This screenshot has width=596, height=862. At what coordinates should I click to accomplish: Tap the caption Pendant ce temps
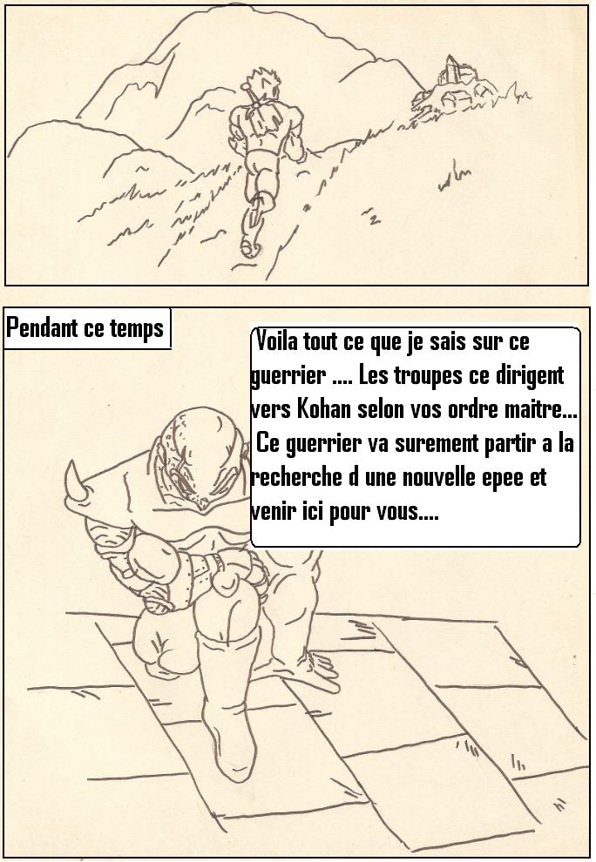pos(85,328)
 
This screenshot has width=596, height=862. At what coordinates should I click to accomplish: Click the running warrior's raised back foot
pos(252,246)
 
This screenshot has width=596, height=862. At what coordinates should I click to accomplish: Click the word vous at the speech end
pos(398,513)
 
